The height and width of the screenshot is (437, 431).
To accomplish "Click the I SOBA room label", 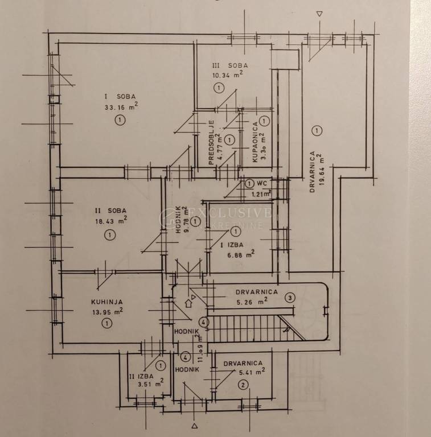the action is [120, 97].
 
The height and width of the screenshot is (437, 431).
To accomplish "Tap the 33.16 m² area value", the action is [121, 106].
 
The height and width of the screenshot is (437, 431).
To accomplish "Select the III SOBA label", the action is [230, 65].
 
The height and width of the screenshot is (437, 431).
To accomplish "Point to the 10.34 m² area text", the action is [227, 75].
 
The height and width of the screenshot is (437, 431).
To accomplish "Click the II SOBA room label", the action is [110, 211].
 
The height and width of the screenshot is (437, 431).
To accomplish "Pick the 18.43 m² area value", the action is [111, 221].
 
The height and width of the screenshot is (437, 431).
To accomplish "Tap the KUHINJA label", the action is [107, 302].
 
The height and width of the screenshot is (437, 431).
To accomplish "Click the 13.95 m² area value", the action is [108, 312].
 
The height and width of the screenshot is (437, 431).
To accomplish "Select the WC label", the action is [262, 183].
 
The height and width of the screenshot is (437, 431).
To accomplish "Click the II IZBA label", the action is [141, 376].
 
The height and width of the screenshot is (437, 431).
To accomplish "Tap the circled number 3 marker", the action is [290, 298].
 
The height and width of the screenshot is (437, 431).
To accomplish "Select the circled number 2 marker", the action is [243, 385].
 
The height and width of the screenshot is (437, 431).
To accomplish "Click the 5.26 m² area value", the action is [252, 302].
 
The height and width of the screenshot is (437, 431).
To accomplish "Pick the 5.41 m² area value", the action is [252, 372].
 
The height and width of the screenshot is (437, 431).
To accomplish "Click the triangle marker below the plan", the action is [195, 426].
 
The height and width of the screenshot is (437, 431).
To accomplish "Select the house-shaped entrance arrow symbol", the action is [188, 303].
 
